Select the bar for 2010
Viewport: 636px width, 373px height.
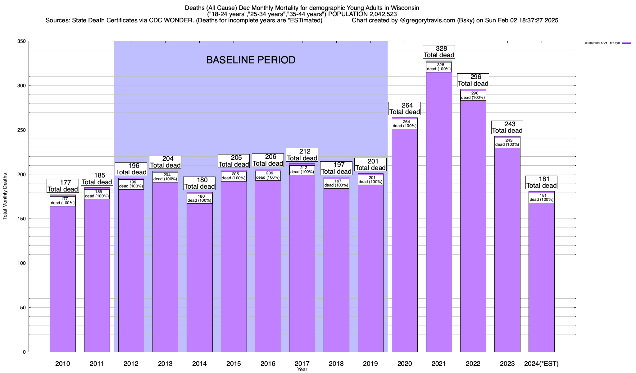click(x=63, y=280)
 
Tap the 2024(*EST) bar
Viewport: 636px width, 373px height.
click(x=541, y=280)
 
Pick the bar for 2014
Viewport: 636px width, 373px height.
click(x=199, y=280)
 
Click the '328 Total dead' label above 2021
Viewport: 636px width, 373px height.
click(x=439, y=52)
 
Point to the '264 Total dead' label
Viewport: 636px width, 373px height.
click(x=405, y=108)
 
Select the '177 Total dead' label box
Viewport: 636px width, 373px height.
click(x=63, y=186)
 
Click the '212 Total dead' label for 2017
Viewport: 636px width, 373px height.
click(x=302, y=155)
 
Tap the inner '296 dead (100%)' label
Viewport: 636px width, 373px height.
click(x=473, y=95)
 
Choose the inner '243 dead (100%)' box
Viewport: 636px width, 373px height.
click(x=507, y=143)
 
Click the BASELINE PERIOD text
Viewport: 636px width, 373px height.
click(x=251, y=60)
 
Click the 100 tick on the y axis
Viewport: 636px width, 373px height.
click(x=22, y=263)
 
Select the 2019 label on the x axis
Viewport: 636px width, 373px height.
click(x=370, y=363)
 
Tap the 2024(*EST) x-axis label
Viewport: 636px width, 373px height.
click(x=541, y=363)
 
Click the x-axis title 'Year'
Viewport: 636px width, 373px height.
click(x=302, y=370)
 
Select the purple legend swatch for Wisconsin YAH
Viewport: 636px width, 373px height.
click(x=626, y=43)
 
